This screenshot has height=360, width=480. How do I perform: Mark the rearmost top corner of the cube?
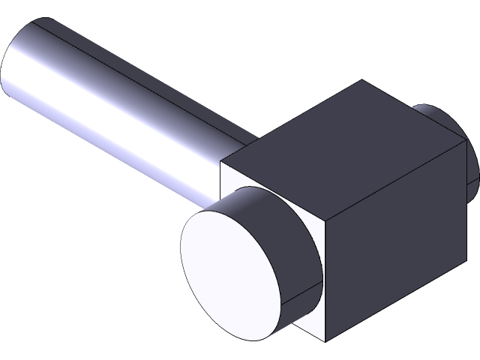pyautogui.click(x=364, y=80)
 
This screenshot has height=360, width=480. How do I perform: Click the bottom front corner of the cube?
pyautogui.click(x=327, y=342)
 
